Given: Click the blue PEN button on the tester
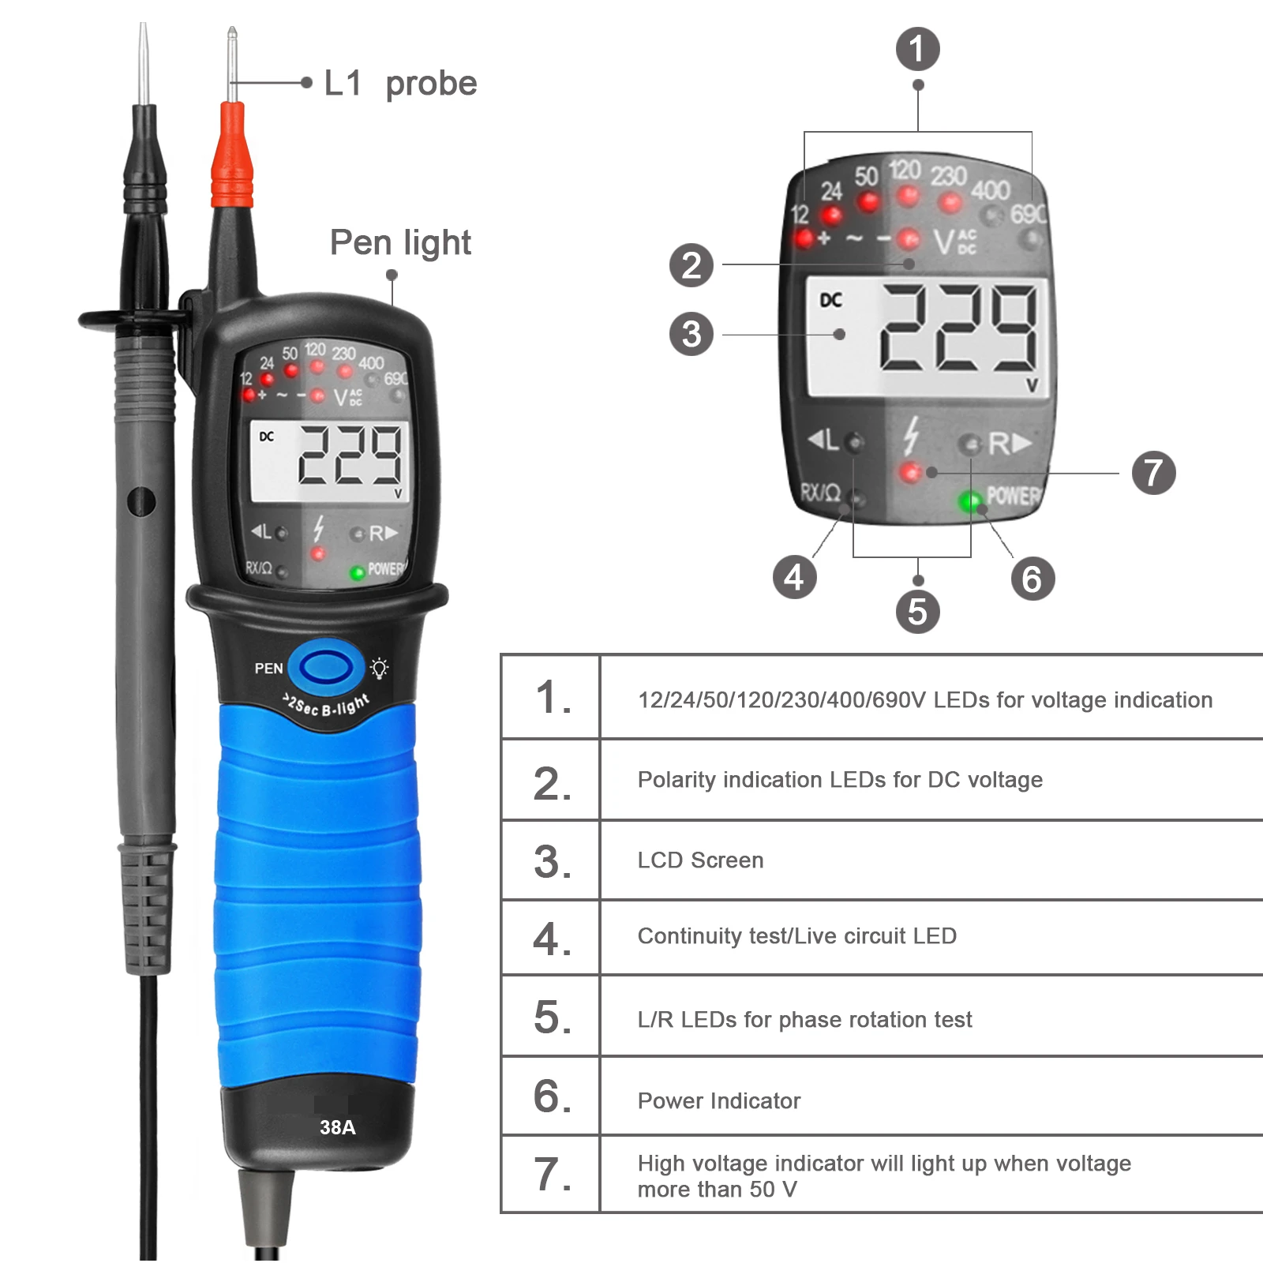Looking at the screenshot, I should pyautogui.click(x=326, y=668).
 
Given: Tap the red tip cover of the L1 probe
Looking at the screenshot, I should pyautogui.click(x=232, y=158).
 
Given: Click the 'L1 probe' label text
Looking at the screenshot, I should pyautogui.click(x=400, y=83).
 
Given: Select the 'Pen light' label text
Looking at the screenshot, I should pyautogui.click(x=400, y=242).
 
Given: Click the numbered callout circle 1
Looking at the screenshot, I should pyautogui.click(x=917, y=49).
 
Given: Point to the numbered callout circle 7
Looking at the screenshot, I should pyautogui.click(x=1153, y=473).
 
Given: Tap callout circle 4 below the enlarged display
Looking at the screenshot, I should pyautogui.click(x=794, y=577).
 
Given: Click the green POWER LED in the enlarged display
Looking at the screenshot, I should pyautogui.click(x=969, y=500).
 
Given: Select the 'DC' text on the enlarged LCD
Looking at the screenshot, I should pyautogui.click(x=830, y=300).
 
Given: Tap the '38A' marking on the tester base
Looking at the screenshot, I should pyautogui.click(x=337, y=1127).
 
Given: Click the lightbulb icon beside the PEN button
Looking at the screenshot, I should pyautogui.click(x=380, y=668).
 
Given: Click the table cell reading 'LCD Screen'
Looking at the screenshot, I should pyautogui.click(x=700, y=860).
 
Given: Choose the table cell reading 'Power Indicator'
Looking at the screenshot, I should pyautogui.click(x=718, y=1100).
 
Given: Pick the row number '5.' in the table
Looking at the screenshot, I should pyautogui.click(x=552, y=1018).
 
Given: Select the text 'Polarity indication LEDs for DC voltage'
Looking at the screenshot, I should pyautogui.click(x=840, y=780).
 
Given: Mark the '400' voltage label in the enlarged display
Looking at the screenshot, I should pyautogui.click(x=990, y=190).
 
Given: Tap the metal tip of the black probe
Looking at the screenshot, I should pyautogui.click(x=143, y=63).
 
